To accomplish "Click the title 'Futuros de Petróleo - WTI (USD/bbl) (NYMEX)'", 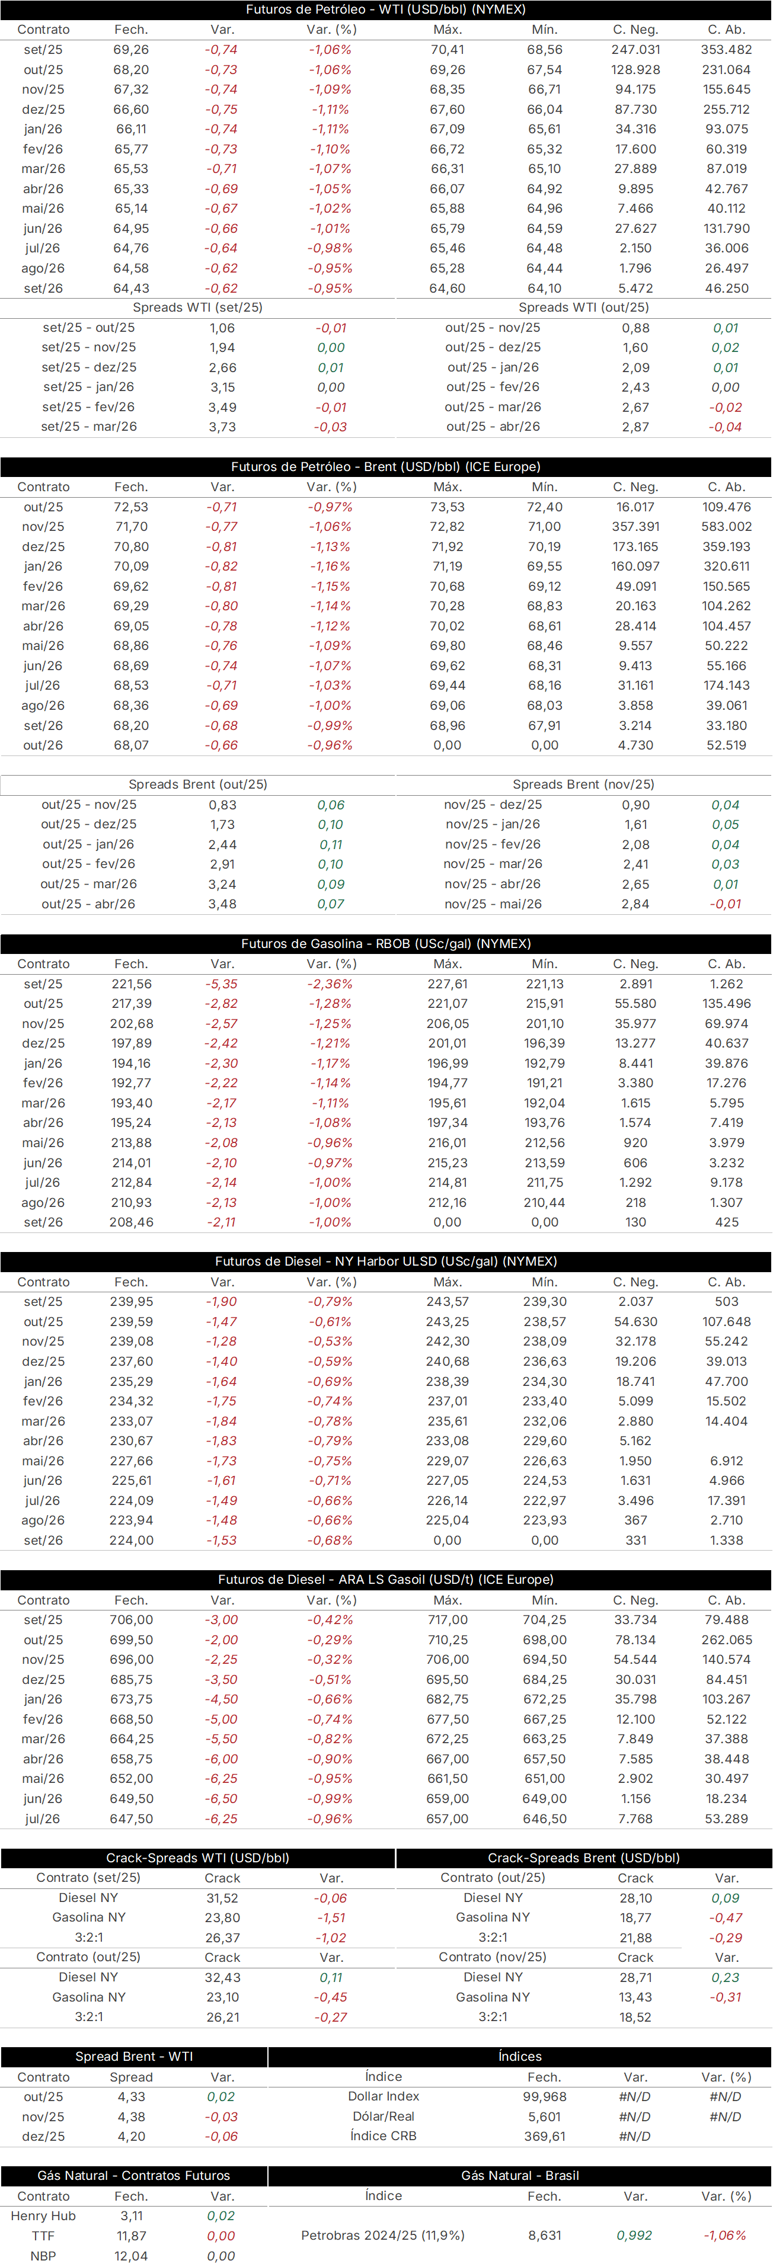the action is pyautogui.click(x=386, y=9).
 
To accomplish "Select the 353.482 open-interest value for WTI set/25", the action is pyautogui.click(x=726, y=50).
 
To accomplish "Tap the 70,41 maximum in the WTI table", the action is pyautogui.click(x=447, y=50).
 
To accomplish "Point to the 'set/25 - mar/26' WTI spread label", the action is pyautogui.click(x=89, y=427).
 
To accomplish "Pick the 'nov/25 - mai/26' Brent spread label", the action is pyautogui.click(x=493, y=904).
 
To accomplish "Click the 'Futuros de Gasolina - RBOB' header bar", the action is pyautogui.click(x=386, y=943).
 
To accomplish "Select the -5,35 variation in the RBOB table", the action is pyautogui.click(x=222, y=984).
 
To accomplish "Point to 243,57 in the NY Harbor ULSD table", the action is pyautogui.click(x=447, y=1302).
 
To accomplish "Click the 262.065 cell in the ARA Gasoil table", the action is pyautogui.click(x=726, y=1640).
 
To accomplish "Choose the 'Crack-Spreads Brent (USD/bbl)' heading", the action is pyautogui.click(x=584, y=1858).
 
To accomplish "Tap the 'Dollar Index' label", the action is pyautogui.click(x=384, y=2096).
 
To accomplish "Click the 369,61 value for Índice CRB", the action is pyautogui.click(x=544, y=2136).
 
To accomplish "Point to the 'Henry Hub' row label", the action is pyautogui.click(x=43, y=2216).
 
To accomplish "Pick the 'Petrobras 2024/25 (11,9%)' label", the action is pyautogui.click(x=383, y=2236).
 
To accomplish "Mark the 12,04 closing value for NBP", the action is pyautogui.click(x=131, y=2256).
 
